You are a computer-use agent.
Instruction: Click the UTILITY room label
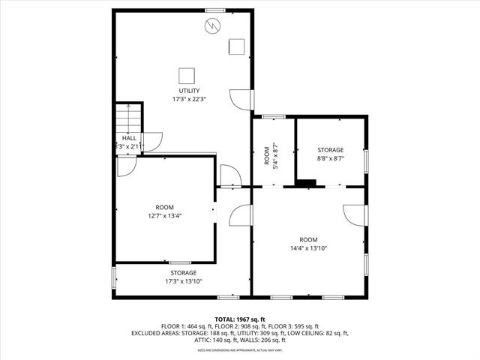(183, 90)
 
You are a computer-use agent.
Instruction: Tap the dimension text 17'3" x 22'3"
(183, 98)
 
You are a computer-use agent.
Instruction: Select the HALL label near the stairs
(129, 138)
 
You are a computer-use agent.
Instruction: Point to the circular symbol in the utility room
(212, 26)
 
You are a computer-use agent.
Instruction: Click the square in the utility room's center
(187, 75)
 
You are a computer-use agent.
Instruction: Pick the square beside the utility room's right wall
(238, 46)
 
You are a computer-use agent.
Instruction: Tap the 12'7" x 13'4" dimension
(164, 216)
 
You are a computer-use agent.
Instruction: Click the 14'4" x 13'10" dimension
(309, 248)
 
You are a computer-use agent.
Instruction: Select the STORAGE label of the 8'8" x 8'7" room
(330, 150)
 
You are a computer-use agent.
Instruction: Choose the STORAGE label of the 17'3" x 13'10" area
(183, 273)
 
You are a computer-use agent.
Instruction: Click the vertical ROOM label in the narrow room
(266, 155)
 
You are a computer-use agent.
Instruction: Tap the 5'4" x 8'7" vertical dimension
(275, 155)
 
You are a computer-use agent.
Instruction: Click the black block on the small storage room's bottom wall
(306, 181)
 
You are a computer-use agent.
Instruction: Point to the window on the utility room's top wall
(215, 10)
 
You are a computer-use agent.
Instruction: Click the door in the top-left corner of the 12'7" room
(125, 167)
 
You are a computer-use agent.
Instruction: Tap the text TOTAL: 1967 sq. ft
(240, 319)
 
